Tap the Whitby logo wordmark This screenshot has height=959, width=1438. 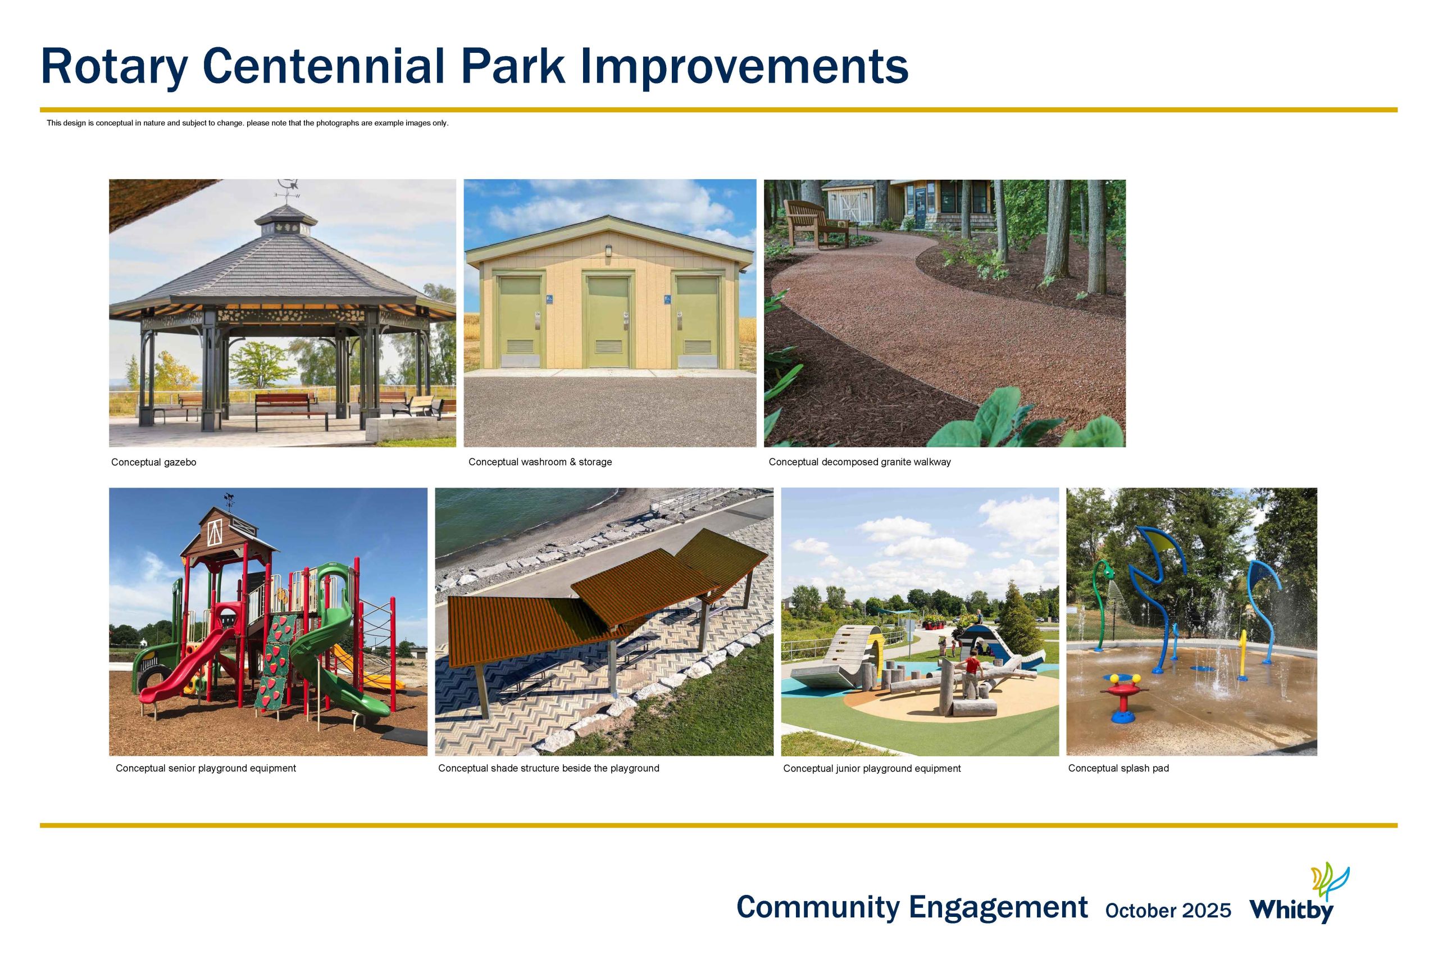click(1291, 911)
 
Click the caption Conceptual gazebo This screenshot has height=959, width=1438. click(153, 462)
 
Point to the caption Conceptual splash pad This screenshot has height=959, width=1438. click(1118, 768)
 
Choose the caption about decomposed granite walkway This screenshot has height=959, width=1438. click(859, 462)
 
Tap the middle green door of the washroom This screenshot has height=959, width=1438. click(608, 322)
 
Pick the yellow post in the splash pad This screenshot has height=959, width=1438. click(1243, 655)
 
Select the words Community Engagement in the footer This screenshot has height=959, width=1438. click(912, 908)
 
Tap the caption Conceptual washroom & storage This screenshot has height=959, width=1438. click(540, 462)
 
